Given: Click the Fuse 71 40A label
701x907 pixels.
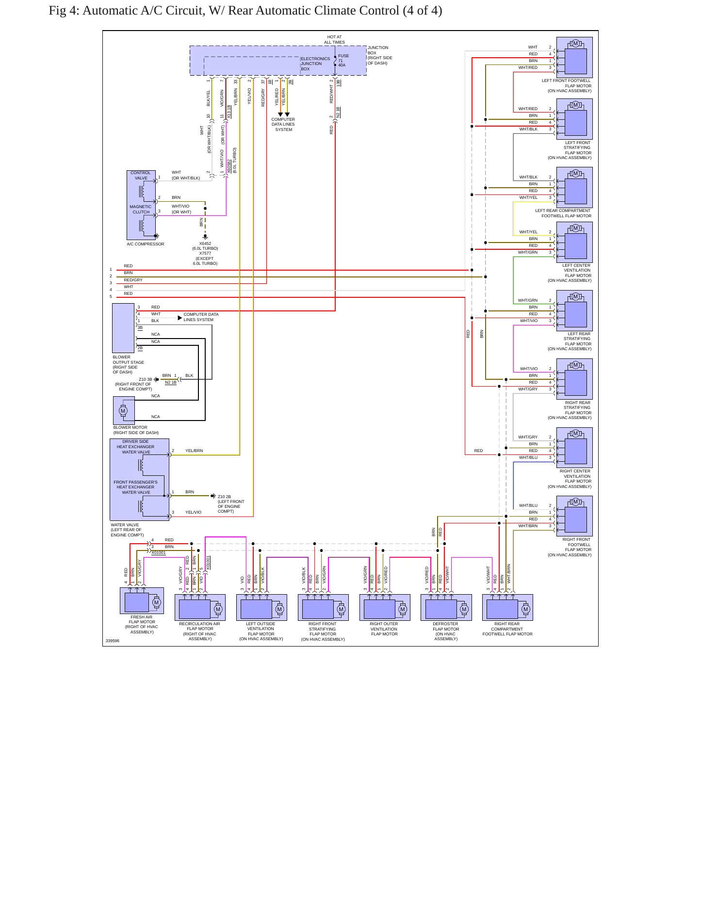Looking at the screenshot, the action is [343, 60].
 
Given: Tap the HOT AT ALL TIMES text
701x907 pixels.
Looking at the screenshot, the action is [334, 39].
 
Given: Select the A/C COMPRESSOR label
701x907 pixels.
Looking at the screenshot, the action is [146, 244].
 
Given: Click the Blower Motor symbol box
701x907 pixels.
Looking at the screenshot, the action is [124, 410].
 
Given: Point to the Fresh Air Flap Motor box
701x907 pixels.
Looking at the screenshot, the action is [142, 600].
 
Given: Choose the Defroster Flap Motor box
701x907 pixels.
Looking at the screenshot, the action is [446, 607].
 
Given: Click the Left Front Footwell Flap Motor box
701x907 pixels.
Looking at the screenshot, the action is [574, 56].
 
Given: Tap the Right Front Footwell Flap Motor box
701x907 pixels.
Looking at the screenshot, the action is [574, 516].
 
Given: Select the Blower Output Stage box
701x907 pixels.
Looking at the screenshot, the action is [123, 328].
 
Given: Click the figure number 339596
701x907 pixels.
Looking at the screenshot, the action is [113, 641].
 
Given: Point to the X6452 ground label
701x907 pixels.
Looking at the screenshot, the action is [205, 243].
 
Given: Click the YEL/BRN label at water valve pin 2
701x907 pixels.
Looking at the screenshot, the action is [194, 451].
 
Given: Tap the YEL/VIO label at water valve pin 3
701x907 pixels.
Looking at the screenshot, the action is [193, 512].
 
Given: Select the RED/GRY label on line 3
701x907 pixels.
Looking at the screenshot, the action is [133, 280].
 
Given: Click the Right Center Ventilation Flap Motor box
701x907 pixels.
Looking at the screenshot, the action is [574, 447].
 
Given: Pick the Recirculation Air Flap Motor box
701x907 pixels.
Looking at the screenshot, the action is [200, 607].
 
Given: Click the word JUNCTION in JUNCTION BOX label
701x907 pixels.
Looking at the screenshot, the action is [378, 48].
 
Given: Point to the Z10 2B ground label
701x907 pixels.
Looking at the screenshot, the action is [224, 497].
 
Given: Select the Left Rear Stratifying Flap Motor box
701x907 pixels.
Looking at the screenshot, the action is [574, 310].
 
